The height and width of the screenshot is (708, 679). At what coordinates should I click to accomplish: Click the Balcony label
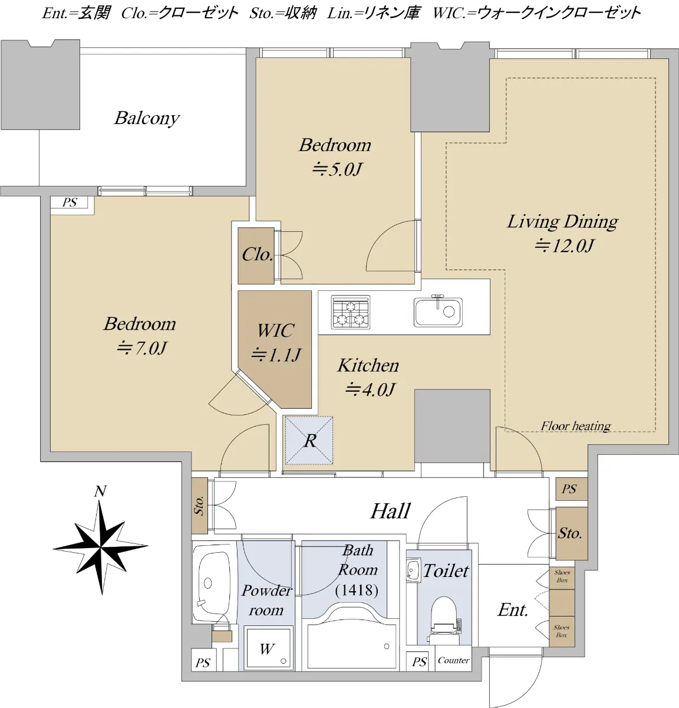pyautogui.click(x=147, y=118)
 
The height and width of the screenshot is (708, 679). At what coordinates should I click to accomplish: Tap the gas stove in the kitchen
pyautogui.click(x=351, y=312)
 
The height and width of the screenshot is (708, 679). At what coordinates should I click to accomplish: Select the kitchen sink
pyautogui.click(x=438, y=312)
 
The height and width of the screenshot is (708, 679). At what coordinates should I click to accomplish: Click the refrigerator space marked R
pyautogui.click(x=309, y=441)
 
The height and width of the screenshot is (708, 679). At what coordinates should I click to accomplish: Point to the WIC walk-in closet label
pyautogui.click(x=275, y=331)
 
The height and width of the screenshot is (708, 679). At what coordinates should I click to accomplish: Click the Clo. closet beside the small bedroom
pyautogui.click(x=256, y=255)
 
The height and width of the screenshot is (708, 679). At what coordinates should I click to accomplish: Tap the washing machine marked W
pyautogui.click(x=268, y=648)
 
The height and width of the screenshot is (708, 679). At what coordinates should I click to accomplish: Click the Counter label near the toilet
pyautogui.click(x=453, y=660)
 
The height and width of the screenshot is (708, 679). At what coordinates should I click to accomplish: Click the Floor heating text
pyautogui.click(x=576, y=425)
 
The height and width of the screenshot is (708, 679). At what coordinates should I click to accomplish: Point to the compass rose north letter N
pyautogui.click(x=100, y=491)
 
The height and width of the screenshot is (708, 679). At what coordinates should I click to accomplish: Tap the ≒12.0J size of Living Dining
pyautogui.click(x=564, y=246)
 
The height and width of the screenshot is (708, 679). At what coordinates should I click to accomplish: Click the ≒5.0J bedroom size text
pyautogui.click(x=337, y=169)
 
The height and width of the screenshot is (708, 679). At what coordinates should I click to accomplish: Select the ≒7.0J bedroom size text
pyautogui.click(x=141, y=349)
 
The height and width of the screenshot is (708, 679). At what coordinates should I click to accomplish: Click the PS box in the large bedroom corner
pyautogui.click(x=70, y=202)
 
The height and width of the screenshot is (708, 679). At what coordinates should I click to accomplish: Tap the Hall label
pyautogui.click(x=391, y=511)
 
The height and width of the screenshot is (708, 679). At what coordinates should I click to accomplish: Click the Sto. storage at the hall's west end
pyautogui.click(x=200, y=506)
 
